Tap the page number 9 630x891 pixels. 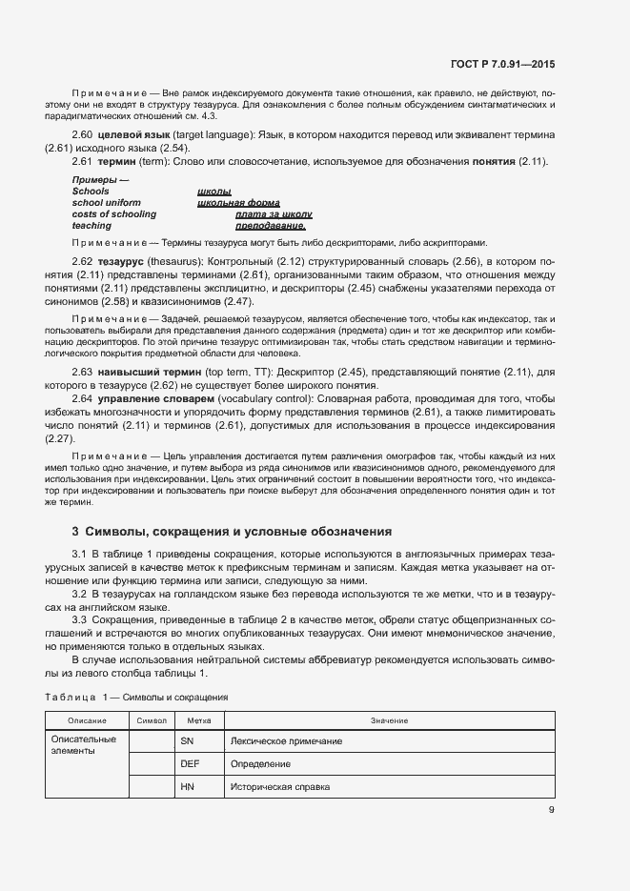[551, 811]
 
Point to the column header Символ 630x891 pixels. [152, 720]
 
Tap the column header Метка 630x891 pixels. [198, 720]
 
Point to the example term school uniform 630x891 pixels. [106, 203]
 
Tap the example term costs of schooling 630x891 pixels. [113, 214]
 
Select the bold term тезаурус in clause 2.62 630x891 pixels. [117, 261]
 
